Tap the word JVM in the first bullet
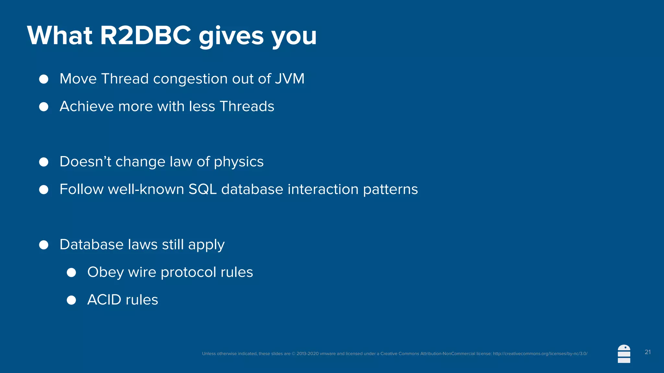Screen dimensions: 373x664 tap(290, 79)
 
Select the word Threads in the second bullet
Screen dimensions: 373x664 tap(247, 106)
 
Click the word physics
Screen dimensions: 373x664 tap(239, 162)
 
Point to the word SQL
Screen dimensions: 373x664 tap(202, 189)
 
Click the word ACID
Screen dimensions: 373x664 tap(104, 300)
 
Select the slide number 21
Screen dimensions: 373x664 tap(647, 352)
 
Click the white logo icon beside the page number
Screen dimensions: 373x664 tap(624, 354)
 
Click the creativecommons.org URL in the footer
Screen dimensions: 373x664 tap(540, 354)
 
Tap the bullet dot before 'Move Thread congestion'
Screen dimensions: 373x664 tap(44, 79)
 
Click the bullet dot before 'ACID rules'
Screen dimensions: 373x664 tap(71, 300)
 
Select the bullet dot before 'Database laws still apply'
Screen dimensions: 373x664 tap(44, 245)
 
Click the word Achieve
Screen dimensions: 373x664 tap(87, 106)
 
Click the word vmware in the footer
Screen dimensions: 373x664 tap(327, 354)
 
